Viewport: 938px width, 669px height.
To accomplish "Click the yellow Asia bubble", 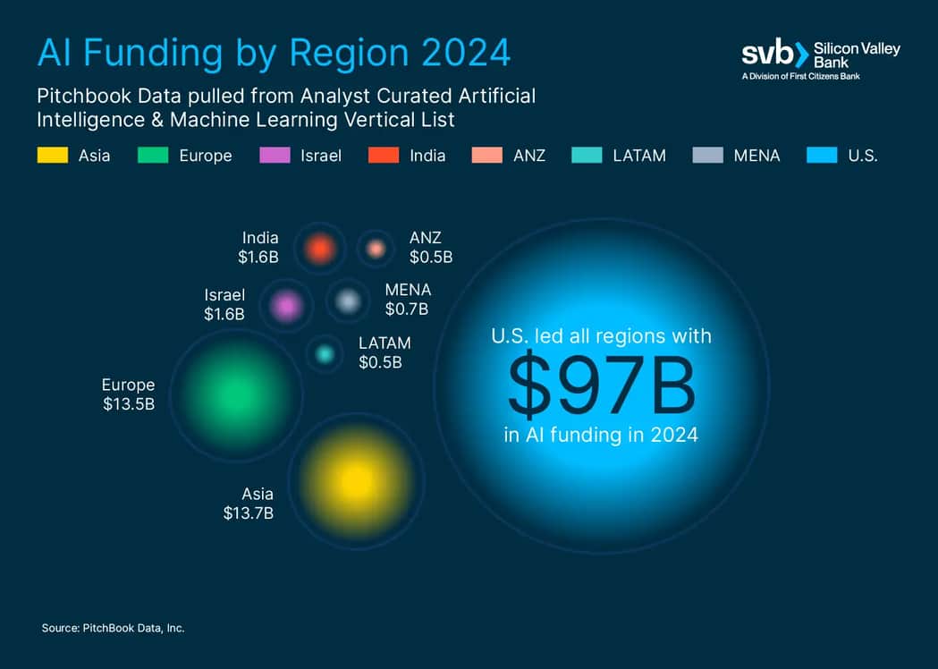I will click(x=357, y=480).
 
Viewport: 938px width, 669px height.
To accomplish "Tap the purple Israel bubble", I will click(x=286, y=306).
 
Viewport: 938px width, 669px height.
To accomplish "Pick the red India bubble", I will click(x=319, y=248).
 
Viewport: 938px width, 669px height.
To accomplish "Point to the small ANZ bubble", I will click(x=376, y=248).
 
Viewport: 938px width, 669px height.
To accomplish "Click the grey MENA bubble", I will click(x=347, y=301).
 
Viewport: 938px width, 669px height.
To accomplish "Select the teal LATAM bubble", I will click(x=325, y=354).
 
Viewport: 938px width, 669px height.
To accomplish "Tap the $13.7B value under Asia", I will click(x=248, y=513).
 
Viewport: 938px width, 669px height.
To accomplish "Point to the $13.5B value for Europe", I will click(x=129, y=404).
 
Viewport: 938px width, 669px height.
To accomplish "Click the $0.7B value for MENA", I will click(x=407, y=309).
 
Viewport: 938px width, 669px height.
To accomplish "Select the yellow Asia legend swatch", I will click(x=52, y=155).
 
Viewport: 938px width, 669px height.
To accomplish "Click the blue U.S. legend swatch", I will click(x=821, y=155).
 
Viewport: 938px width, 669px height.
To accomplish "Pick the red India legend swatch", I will click(x=383, y=155).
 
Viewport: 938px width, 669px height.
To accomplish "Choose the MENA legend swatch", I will click(x=707, y=155).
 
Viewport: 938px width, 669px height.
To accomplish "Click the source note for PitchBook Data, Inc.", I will click(x=113, y=629).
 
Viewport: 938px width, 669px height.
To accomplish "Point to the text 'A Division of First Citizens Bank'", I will click(x=801, y=77).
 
